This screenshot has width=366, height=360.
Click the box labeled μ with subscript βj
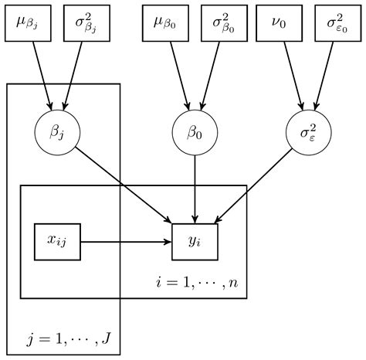pyautogui.click(x=30, y=25)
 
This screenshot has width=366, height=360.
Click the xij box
pyautogui.click(x=58, y=242)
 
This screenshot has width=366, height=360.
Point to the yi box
pyautogui.click(x=195, y=242)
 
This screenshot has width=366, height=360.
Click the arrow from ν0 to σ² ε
pyautogui.click(x=294, y=74)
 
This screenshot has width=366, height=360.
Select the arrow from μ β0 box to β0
pyautogui.click(x=178, y=74)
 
